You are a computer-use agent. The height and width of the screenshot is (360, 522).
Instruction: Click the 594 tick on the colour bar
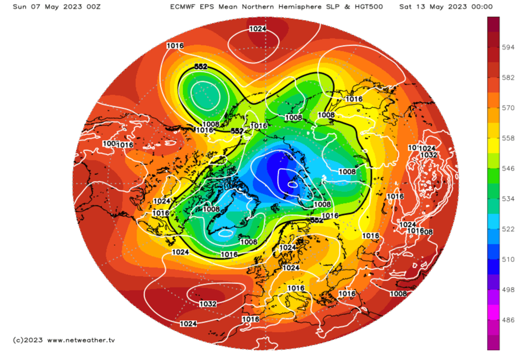[509, 47]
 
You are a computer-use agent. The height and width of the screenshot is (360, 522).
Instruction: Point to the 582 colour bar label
[509, 77]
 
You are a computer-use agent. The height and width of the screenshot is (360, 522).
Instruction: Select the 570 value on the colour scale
[509, 108]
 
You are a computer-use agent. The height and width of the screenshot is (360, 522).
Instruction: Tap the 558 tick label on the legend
[509, 138]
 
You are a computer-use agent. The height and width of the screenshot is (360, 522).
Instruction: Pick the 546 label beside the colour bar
[509, 168]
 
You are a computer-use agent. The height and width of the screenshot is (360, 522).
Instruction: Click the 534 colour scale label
[509, 199]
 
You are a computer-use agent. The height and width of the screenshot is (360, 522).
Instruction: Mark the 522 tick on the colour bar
[509, 229]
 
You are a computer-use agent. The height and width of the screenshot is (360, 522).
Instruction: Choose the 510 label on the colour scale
[509, 259]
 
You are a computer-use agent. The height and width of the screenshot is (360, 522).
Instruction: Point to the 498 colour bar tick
[509, 290]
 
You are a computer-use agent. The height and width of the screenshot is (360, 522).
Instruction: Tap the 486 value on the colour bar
[509, 320]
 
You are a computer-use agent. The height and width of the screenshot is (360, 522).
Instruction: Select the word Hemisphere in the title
[295, 7]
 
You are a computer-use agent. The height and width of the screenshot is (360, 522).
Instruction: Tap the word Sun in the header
[20, 7]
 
